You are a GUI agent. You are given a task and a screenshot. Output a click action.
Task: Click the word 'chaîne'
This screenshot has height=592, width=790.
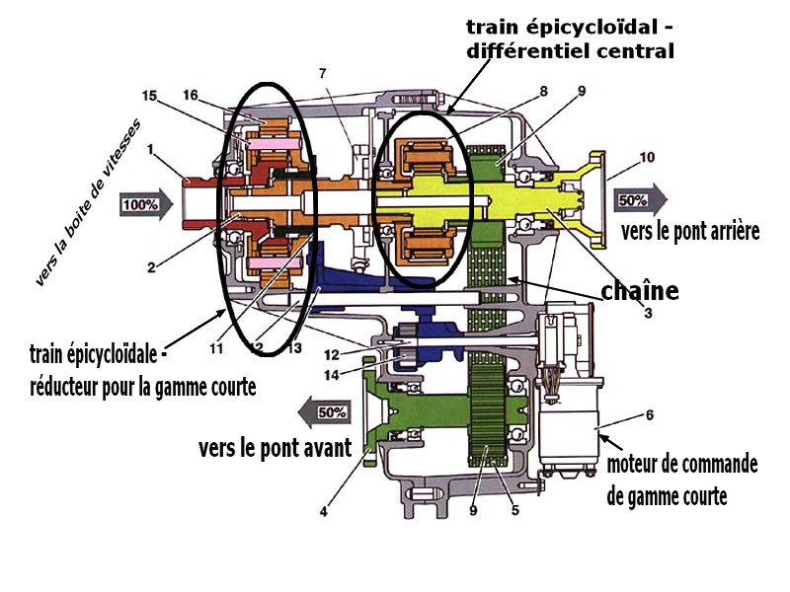640,291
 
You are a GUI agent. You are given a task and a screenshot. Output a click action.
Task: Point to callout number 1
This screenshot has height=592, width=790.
151,151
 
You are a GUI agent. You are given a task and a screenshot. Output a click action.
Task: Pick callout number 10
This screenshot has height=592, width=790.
647,157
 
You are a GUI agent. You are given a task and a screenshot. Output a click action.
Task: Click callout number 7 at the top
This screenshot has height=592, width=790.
322,73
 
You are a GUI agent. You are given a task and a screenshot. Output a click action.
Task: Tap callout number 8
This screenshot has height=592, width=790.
542,92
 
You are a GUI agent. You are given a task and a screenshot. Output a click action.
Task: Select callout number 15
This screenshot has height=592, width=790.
150,96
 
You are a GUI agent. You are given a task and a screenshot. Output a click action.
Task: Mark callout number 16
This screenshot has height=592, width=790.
191,95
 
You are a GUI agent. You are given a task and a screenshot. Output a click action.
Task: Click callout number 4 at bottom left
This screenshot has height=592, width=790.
324,511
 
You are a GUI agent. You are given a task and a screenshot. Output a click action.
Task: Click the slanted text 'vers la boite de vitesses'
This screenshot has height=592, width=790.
88,203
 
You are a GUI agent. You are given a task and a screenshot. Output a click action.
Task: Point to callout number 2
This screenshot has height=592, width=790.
151,267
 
